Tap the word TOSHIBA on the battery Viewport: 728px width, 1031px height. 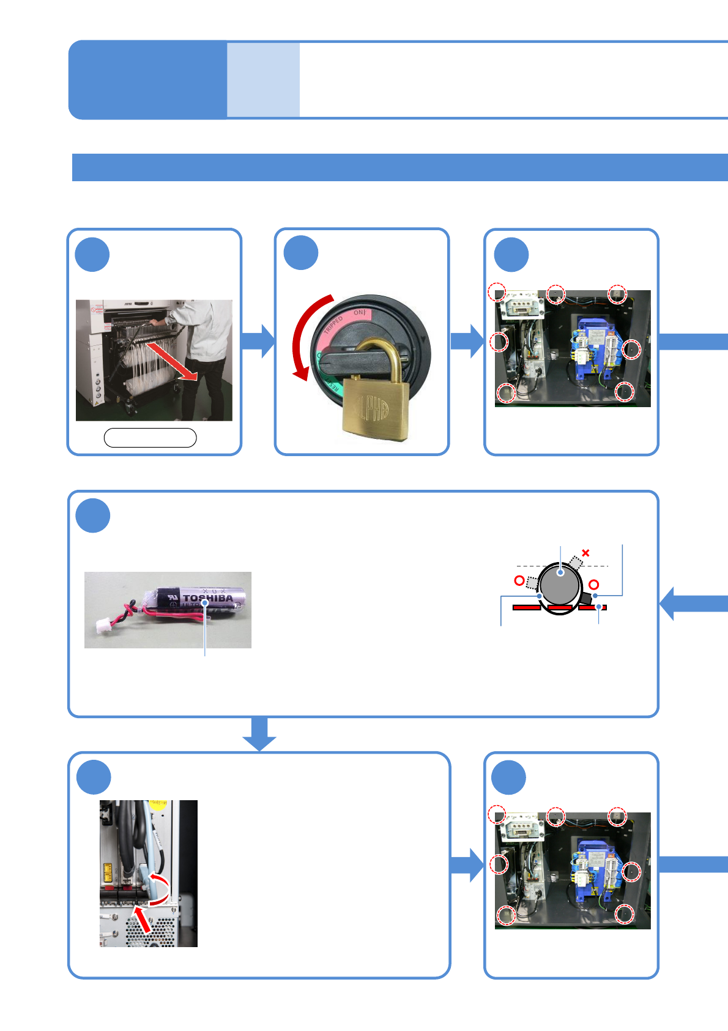pos(208,598)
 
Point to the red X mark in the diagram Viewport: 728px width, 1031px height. pos(585,553)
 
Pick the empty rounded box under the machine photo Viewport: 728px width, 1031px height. pos(150,438)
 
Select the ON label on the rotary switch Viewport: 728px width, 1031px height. pos(360,313)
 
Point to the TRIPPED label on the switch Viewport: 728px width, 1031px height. pos(333,324)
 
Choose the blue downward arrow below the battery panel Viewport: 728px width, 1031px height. pos(259,733)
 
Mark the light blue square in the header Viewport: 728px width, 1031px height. pos(263,80)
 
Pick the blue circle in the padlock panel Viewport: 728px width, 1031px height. pos(301,253)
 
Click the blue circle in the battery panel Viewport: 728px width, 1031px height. pos(93,515)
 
